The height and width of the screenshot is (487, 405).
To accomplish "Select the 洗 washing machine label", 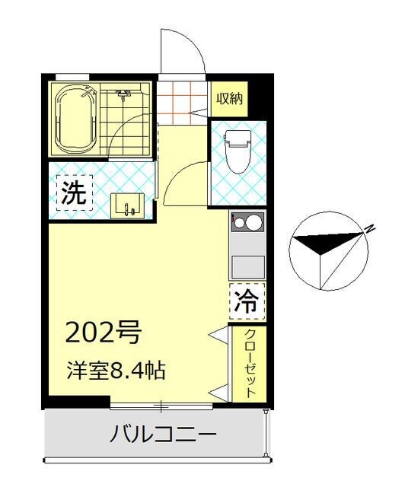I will pyautogui.click(x=74, y=193).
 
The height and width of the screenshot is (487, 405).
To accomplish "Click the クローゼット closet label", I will pyautogui.click(x=249, y=364).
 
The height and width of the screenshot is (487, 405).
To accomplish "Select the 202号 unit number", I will pyautogui.click(x=104, y=333).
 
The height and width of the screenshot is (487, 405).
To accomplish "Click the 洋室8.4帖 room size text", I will pyautogui.click(x=115, y=372).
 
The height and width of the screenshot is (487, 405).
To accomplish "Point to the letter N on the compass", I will pyautogui.click(x=369, y=228).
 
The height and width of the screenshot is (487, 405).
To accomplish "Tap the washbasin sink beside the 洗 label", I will pyautogui.click(x=126, y=205).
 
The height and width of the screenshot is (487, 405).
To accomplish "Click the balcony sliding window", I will pyautogui.click(x=161, y=403).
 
